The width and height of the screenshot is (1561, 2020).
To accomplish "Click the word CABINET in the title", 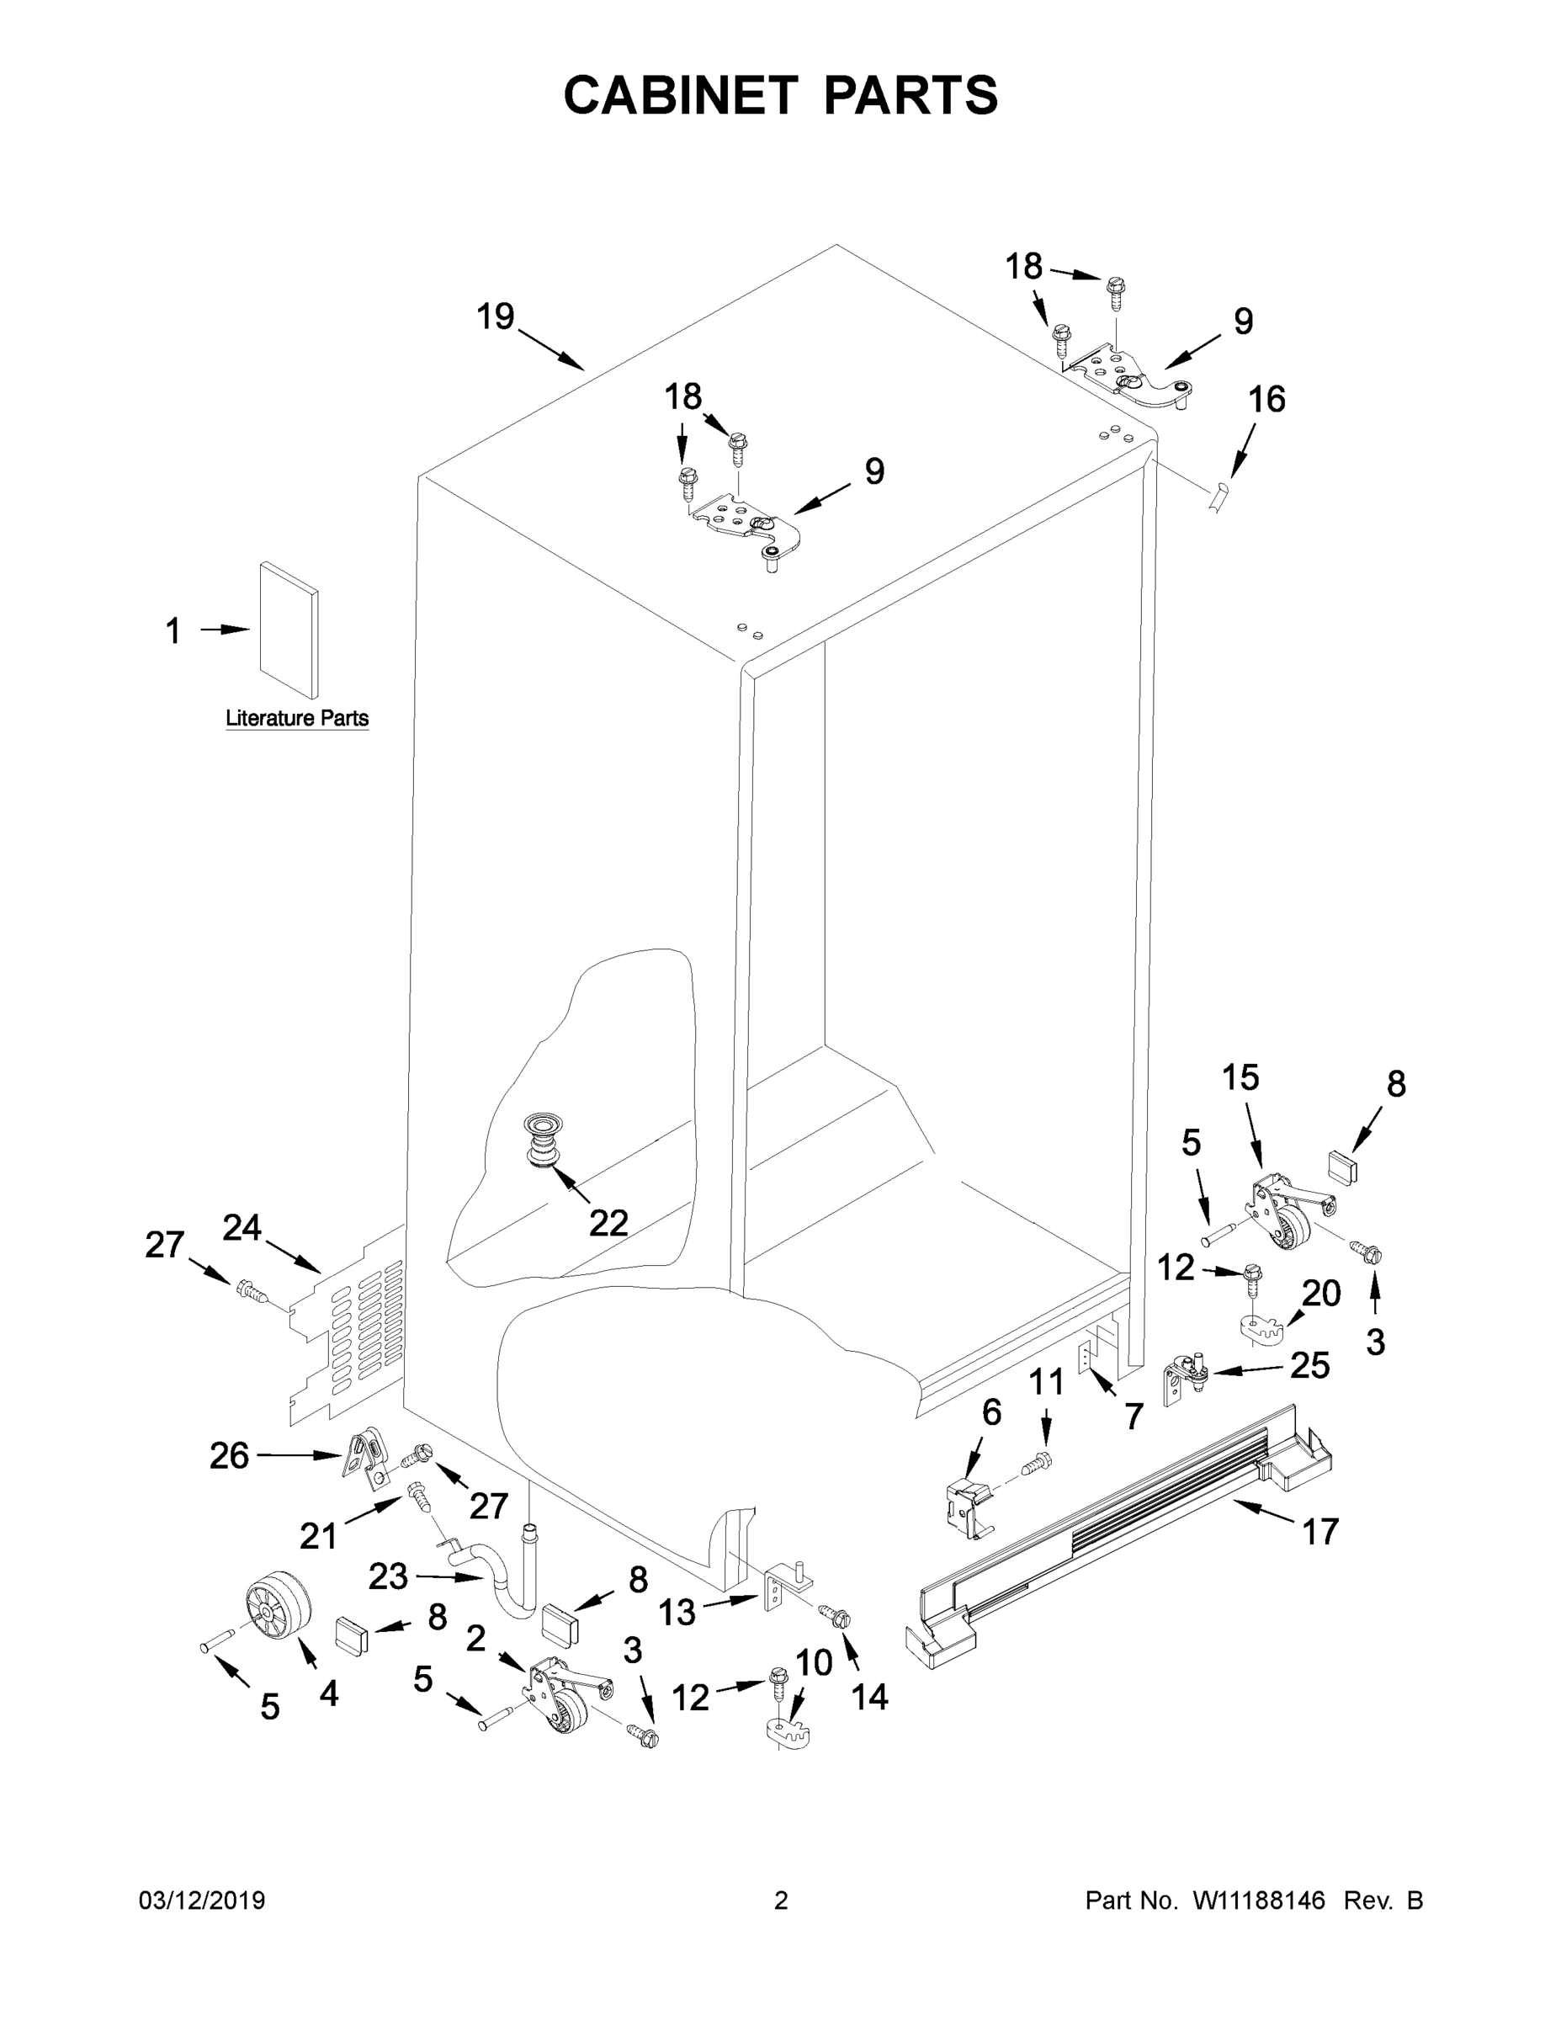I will [x=681, y=95].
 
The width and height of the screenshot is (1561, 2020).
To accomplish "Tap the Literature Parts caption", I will [x=297, y=719].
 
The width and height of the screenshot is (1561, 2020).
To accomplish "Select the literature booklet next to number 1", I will [x=289, y=629].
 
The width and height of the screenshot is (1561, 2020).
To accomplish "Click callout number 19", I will [x=495, y=317].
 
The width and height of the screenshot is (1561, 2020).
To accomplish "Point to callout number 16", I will [x=1266, y=400].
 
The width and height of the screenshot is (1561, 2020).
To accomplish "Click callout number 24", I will [x=242, y=1227].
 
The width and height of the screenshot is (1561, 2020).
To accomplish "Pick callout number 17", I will [x=1319, y=1532].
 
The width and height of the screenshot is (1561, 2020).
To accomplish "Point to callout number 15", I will [x=1240, y=1076].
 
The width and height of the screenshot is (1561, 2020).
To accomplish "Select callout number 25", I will [x=1309, y=1365].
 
